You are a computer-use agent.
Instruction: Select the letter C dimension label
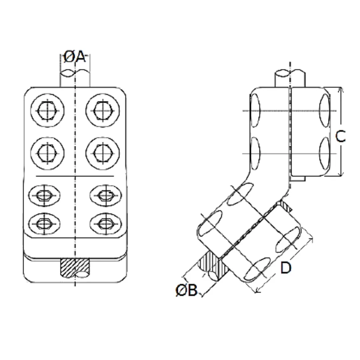tap(340, 136)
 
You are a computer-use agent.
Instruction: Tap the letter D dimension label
tap(286, 268)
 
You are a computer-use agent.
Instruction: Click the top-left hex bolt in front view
tap(47, 110)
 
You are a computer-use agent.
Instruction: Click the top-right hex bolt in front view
tap(102, 110)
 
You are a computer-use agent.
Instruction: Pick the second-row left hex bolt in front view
tap(47, 153)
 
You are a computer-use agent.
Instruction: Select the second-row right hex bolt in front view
tap(102, 153)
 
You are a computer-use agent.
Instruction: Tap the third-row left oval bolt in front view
tap(44, 195)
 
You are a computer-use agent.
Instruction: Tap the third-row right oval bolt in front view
tap(106, 195)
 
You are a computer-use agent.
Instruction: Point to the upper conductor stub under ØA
tap(75, 79)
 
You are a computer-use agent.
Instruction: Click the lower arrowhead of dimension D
tap(257, 291)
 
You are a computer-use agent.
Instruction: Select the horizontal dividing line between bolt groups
tap(75, 176)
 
